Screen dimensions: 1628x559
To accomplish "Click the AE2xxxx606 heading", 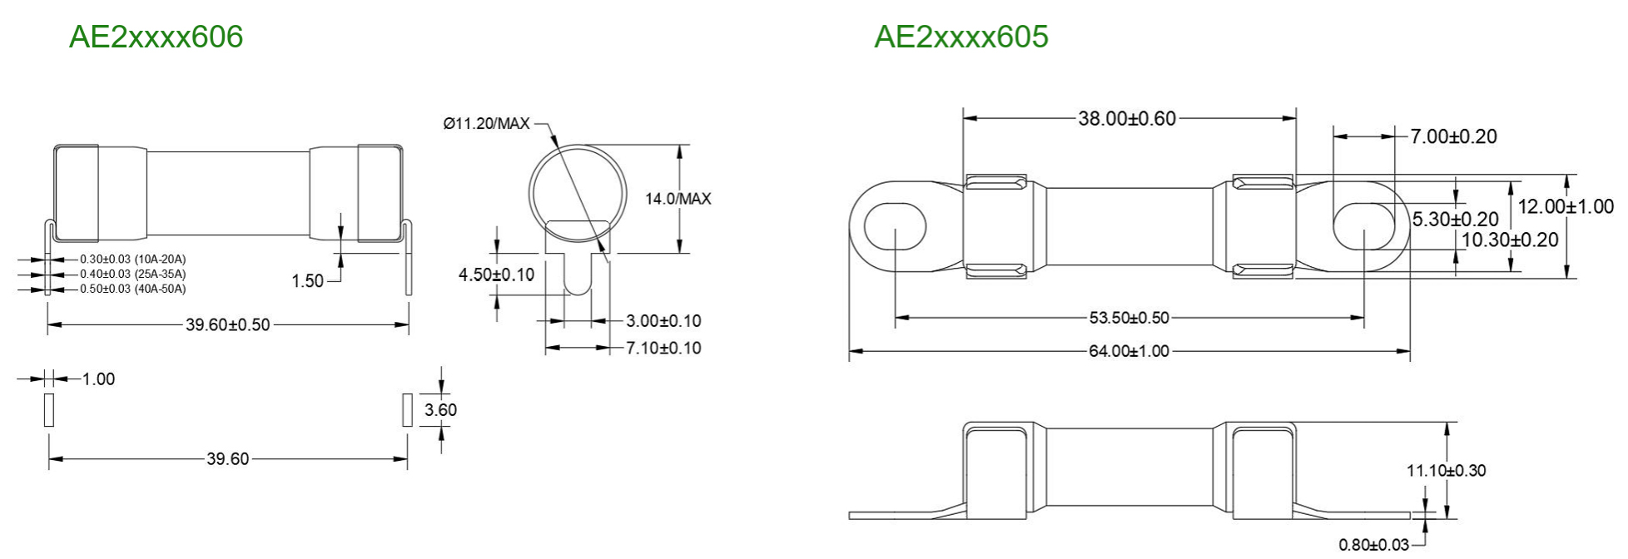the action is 156,37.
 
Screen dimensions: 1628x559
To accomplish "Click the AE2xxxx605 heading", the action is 961,37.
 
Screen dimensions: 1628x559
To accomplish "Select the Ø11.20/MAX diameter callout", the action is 486,124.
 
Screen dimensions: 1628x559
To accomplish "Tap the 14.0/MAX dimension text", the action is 678,199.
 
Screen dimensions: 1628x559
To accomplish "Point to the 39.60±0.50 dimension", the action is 228,324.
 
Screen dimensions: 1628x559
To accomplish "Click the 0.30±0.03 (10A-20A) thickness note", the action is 133,260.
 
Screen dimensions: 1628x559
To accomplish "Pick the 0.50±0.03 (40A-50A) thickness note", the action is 133,289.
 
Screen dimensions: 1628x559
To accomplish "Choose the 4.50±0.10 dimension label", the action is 497,275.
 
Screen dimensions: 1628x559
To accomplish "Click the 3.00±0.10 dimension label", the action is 663,321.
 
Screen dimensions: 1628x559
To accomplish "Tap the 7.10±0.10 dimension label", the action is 663,348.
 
